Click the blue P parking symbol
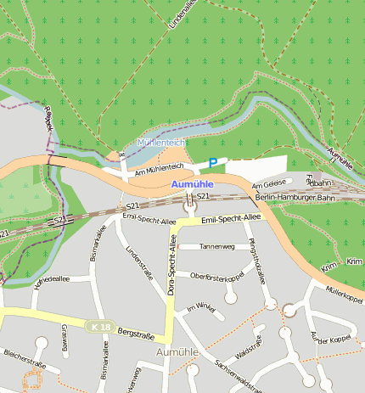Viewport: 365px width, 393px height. coord(213,162)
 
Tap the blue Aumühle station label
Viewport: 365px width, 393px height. coord(192,184)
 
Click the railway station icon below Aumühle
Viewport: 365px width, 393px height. coord(190,204)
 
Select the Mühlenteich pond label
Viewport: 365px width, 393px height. coord(160,143)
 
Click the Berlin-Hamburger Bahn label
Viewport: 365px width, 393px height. coord(295,197)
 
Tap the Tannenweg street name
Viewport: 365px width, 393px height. coord(216,246)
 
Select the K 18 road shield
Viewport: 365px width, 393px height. coord(98,326)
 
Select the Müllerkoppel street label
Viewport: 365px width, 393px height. coord(344,295)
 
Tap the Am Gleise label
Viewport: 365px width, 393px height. coord(268,184)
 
